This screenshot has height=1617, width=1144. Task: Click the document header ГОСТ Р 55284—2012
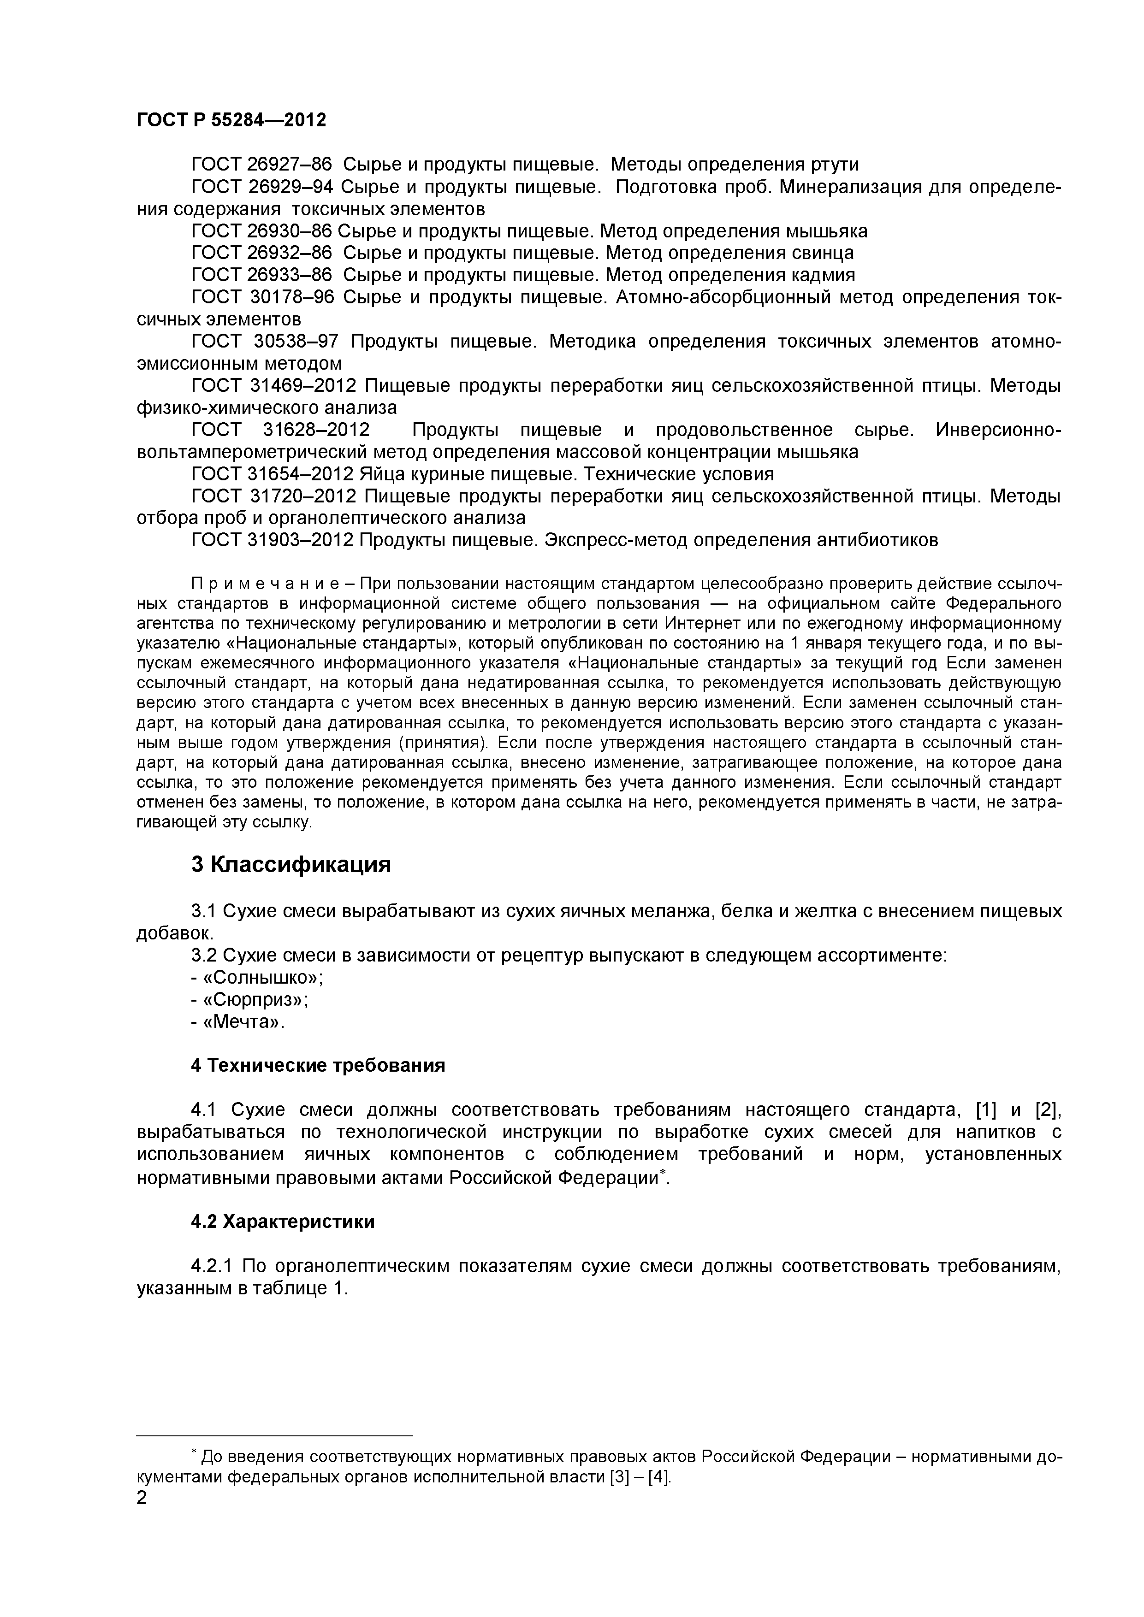coord(231,120)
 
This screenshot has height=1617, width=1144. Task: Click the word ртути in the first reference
coord(836,165)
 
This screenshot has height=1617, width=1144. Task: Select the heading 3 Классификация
coord(290,864)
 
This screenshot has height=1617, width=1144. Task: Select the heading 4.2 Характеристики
coord(283,1222)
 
